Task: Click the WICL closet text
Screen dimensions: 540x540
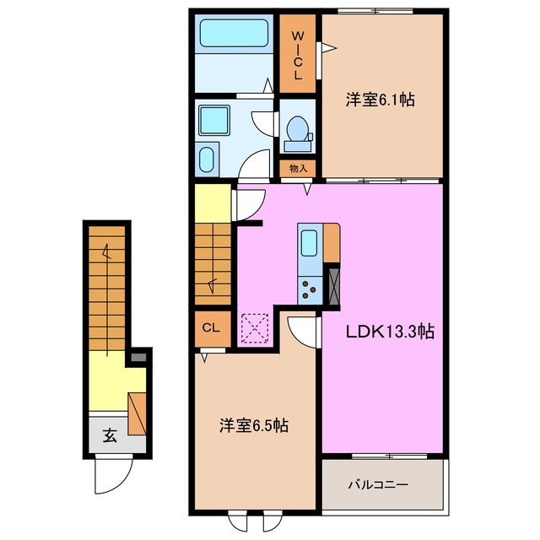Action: click(x=298, y=56)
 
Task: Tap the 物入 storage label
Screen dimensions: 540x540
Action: click(x=298, y=169)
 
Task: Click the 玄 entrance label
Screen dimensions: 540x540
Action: click(x=110, y=436)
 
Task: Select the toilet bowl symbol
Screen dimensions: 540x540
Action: click(x=297, y=131)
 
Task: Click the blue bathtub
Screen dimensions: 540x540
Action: click(x=232, y=36)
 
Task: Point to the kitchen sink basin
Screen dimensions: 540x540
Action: click(x=309, y=245)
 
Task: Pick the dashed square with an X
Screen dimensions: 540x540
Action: click(x=255, y=327)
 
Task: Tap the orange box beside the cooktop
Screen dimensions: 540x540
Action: click(x=332, y=243)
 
